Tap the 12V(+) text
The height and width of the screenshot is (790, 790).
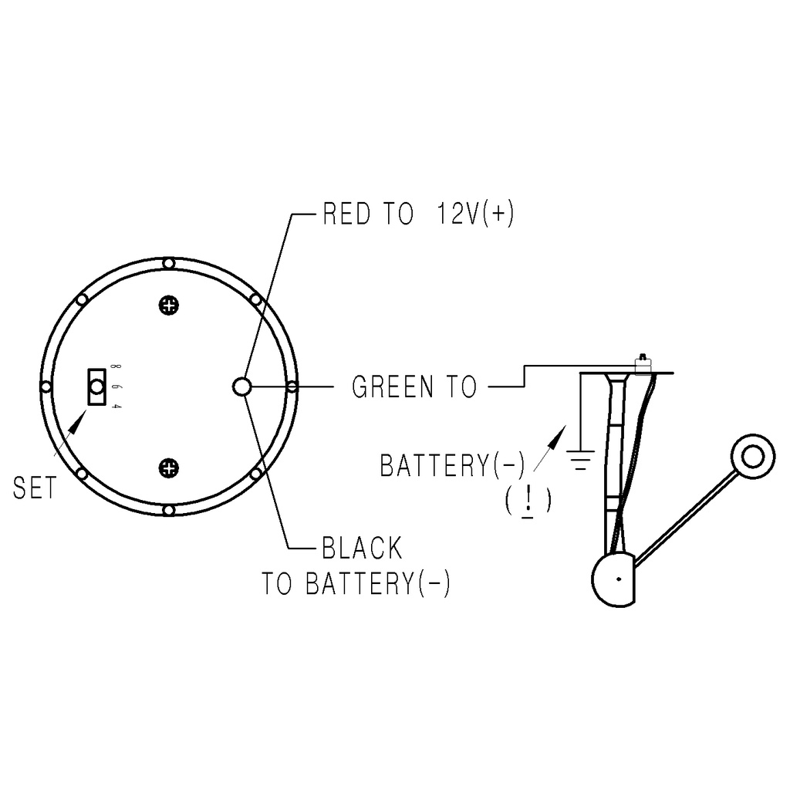pos(475,214)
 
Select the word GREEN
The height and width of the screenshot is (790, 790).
pos(393,387)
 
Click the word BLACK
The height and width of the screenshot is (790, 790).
pos(363,548)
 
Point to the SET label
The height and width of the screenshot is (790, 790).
pos(34,488)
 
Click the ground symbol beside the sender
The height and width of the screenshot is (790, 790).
pos(580,460)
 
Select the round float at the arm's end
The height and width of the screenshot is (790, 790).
pos(753,457)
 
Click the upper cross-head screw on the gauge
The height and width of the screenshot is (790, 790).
pos(169,306)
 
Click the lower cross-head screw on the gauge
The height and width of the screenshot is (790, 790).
pos(169,468)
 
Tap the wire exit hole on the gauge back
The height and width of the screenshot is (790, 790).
pos(242,387)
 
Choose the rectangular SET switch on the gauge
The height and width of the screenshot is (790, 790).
pos(96,387)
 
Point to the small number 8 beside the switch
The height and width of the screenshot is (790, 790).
pos(116,367)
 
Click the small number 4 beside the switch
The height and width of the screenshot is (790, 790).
pos(116,406)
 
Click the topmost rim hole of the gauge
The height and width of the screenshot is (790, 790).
pos(169,264)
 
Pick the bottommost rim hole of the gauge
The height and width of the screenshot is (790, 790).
pos(169,511)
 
